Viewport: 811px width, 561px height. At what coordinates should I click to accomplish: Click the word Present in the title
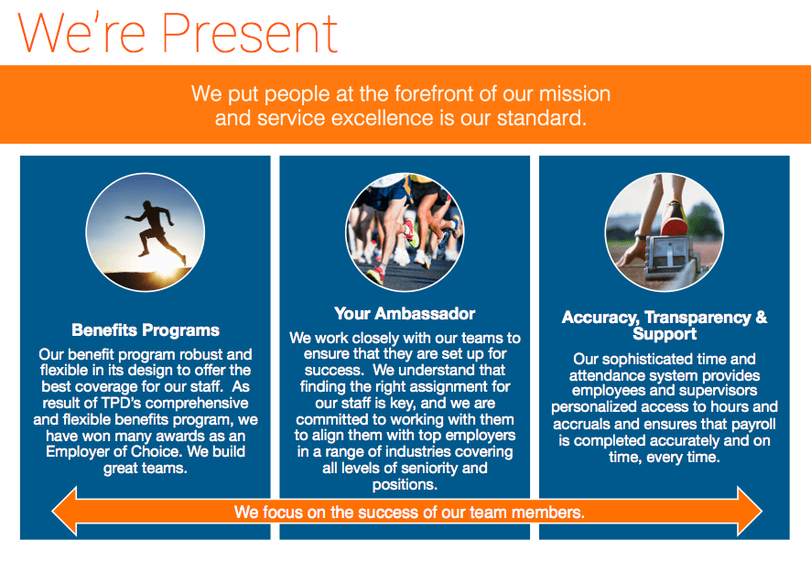tap(250, 33)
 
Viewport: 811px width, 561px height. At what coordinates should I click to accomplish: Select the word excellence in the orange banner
tap(383, 118)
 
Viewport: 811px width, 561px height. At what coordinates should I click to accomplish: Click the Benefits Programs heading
tap(146, 330)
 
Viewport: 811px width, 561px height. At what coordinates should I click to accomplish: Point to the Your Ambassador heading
tap(405, 313)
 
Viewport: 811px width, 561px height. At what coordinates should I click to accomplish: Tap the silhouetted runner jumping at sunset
tap(154, 228)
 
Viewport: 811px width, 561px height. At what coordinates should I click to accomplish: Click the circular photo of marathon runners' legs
tap(405, 232)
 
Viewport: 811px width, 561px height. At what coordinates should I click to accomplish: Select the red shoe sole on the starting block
tap(674, 226)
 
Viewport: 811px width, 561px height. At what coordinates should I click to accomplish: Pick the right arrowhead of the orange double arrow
tap(750, 512)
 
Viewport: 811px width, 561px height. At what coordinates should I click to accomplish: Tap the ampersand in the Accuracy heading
tap(762, 317)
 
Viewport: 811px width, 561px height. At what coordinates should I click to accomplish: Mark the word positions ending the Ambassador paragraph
tap(405, 485)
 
